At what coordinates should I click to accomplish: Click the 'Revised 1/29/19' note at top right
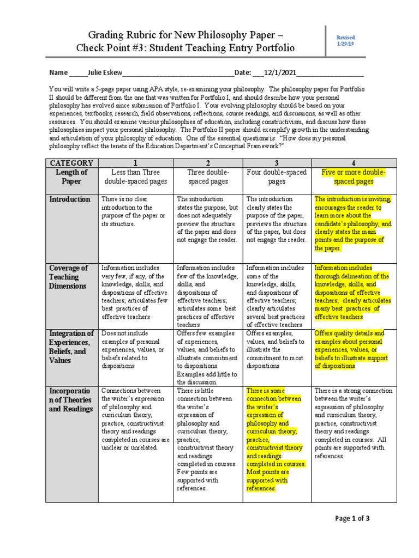[346, 40]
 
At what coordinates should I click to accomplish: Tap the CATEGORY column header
[71, 163]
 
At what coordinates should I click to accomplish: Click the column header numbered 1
[136, 163]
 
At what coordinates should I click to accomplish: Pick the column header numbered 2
[207, 163]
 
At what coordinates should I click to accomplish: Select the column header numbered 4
[354, 163]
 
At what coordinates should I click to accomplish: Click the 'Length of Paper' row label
[71, 177]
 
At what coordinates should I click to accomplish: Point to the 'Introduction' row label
[70, 199]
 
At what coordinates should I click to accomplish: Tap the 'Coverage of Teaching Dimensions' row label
[69, 277]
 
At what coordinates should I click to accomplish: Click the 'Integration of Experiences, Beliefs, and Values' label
[71, 347]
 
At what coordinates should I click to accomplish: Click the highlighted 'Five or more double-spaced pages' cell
[354, 177]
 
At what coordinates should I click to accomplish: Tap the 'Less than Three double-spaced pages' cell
[136, 177]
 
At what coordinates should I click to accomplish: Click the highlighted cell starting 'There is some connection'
[276, 439]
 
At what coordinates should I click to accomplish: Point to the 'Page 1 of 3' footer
[352, 518]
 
